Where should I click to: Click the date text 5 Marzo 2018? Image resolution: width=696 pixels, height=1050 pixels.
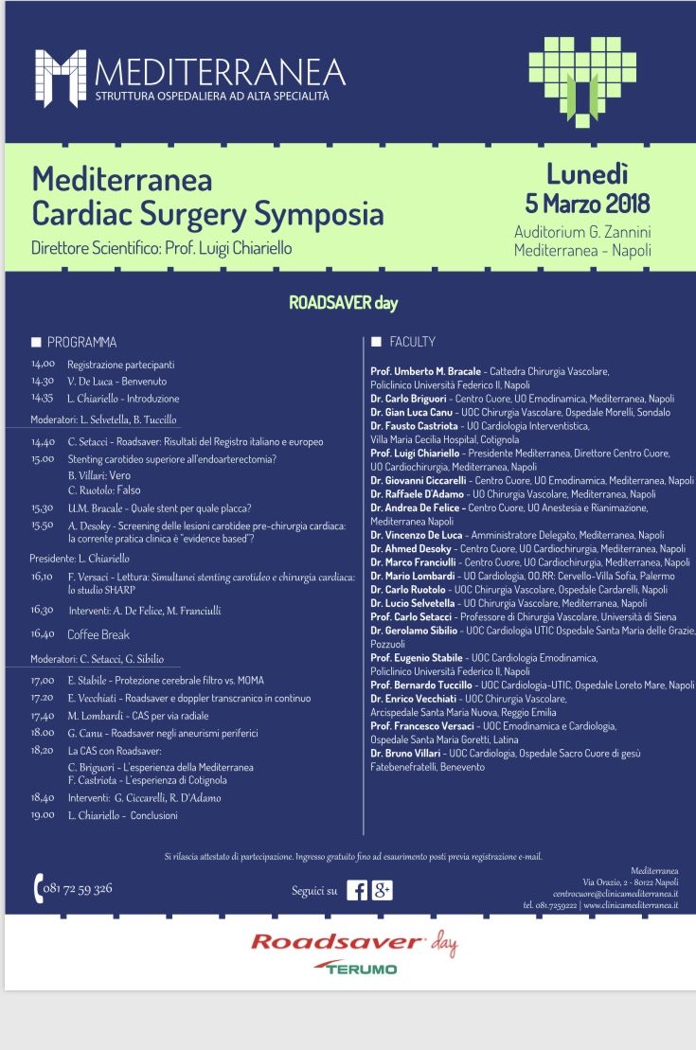[587, 203]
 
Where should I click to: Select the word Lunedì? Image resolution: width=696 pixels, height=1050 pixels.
[587, 173]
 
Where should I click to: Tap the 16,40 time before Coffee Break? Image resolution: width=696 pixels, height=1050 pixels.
[43, 634]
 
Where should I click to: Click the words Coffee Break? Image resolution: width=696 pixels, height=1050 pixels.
[98, 634]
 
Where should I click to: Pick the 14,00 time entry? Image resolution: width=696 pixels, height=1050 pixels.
[43, 364]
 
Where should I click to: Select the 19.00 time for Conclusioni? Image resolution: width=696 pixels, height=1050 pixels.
[43, 814]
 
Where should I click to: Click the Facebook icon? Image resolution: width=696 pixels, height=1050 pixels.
[357, 890]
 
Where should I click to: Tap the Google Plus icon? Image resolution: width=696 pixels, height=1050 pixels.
[382, 890]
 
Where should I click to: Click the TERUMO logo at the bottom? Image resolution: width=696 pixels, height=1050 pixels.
[361, 969]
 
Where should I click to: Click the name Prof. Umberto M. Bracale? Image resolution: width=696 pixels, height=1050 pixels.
[426, 371]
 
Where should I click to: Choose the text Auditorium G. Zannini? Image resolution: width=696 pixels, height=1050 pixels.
[582, 233]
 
